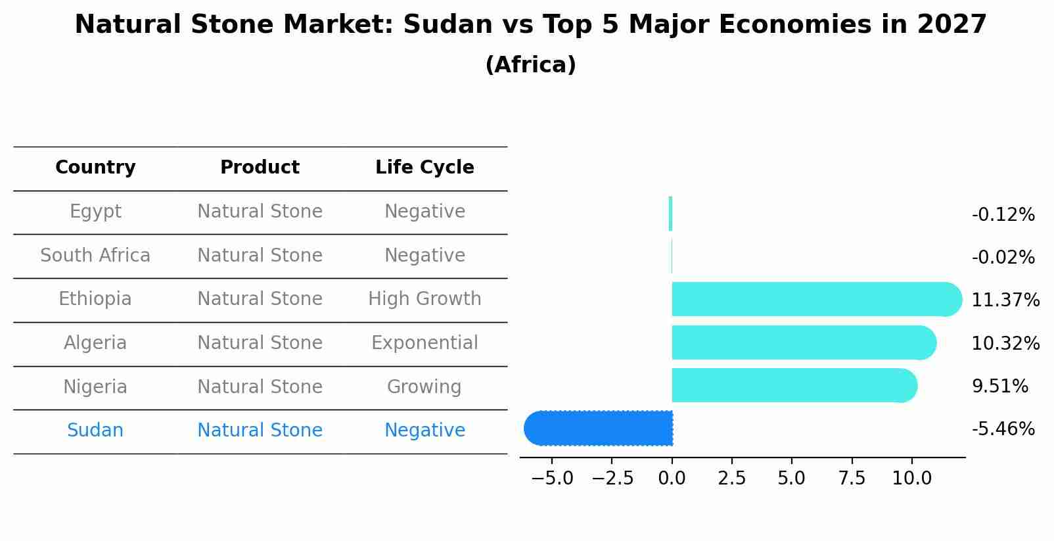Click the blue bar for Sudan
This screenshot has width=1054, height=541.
tap(599, 429)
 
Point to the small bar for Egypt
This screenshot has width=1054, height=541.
tap(670, 214)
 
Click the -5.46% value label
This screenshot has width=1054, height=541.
tap(1003, 429)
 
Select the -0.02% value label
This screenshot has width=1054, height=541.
tap(1003, 257)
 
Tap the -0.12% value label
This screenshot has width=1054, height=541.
tap(1003, 214)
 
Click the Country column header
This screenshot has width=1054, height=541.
tap(95, 168)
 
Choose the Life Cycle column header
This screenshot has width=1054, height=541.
tap(424, 168)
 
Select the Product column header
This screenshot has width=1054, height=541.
tap(260, 168)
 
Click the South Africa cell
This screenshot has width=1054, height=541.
tap(95, 256)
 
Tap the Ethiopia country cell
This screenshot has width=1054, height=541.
tap(95, 299)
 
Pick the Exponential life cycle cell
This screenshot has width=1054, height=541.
tap(424, 343)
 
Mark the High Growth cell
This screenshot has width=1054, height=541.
tap(424, 299)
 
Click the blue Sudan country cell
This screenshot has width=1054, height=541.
tap(95, 431)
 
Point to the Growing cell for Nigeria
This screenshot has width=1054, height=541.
tap(424, 387)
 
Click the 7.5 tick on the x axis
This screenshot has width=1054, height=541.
tap(852, 478)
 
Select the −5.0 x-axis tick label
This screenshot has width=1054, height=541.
tap(551, 478)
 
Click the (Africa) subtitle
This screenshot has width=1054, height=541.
tap(530, 65)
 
